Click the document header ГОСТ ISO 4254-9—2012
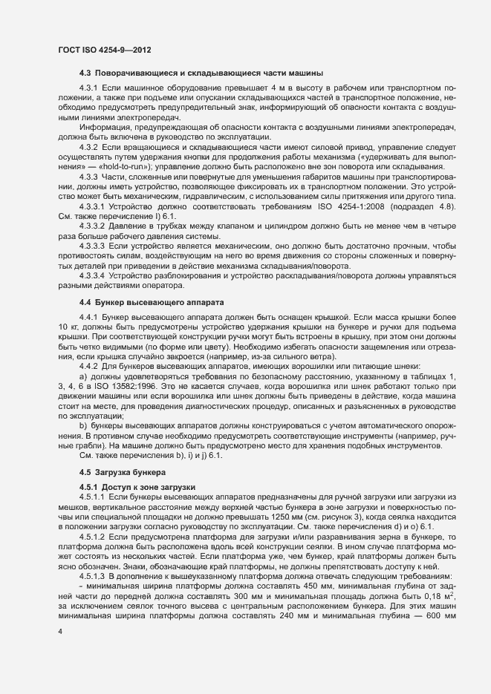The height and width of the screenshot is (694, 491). [x=105, y=50]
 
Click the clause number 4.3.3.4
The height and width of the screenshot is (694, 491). [x=93, y=275]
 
